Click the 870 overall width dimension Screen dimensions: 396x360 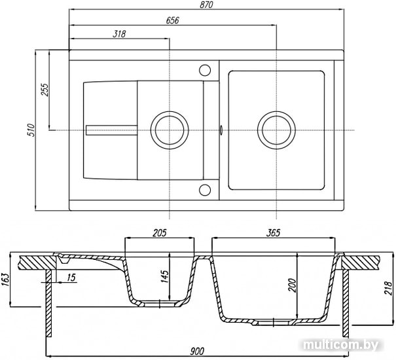[x=206, y=5]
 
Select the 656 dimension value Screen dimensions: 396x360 [x=173, y=20]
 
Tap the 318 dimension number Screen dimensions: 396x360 [x=119, y=34]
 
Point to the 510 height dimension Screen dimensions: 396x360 [x=31, y=130]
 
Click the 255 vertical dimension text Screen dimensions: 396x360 [x=45, y=90]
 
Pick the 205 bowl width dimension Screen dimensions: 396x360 [x=160, y=232]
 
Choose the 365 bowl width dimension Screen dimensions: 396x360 [x=273, y=232]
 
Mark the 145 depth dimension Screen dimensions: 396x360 [x=164, y=277]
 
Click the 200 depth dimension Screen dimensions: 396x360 [x=292, y=285]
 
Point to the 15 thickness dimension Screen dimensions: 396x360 [x=71, y=278]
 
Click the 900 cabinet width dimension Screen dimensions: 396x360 [x=197, y=351]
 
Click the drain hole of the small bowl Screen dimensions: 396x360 [x=170, y=130]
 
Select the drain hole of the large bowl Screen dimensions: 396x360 [x=276, y=130]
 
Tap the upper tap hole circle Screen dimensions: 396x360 [x=205, y=70]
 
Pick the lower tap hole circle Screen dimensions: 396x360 [x=205, y=190]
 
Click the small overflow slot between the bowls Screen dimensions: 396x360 [x=221, y=130]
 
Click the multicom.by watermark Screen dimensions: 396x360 [x=341, y=344]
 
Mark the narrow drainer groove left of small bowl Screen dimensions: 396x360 [x=112, y=130]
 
